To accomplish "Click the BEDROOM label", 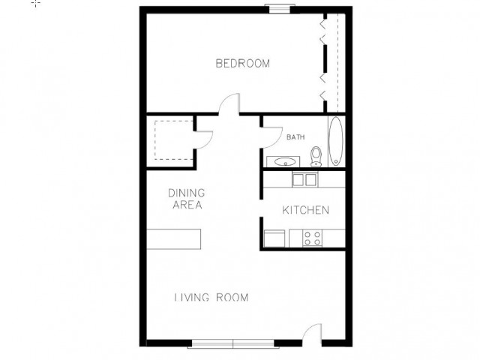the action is point(243,63).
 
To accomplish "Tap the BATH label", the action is point(295,137).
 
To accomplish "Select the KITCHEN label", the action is point(305,210).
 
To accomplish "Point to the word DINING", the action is point(187,193).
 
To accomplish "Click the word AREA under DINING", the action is point(187,205).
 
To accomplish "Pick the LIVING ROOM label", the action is point(211,297).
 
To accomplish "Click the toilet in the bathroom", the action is point(316,157).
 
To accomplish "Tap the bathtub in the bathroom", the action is point(335,141).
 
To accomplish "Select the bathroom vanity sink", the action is point(283,162).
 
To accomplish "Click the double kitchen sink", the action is point(305,180).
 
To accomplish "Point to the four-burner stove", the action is point(312,238).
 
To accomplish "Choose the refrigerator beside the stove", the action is point(274,238).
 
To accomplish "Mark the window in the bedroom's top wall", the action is point(280,8).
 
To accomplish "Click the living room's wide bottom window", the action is point(233,344).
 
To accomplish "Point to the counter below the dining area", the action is point(174,239).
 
